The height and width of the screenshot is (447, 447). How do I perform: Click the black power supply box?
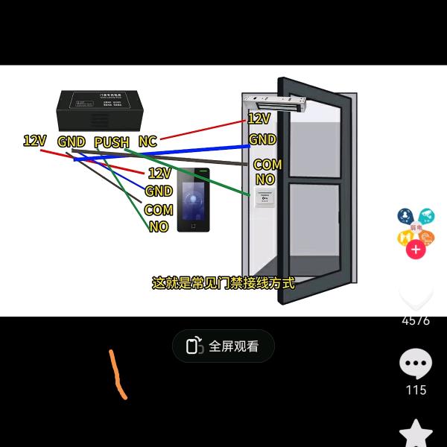point(100,110)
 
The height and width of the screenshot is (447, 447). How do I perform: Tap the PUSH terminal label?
point(112,142)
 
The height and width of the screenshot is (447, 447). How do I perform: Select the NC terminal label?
point(148,142)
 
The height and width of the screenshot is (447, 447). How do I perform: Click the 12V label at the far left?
point(35,140)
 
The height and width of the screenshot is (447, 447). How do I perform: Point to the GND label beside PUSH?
point(72,142)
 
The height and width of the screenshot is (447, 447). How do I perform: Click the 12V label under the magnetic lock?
point(259,118)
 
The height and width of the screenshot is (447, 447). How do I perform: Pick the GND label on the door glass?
point(262,139)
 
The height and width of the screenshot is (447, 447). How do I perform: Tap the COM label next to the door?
point(267,165)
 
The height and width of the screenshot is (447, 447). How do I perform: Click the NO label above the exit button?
point(265,180)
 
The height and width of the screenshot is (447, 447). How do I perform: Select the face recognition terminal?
point(194,200)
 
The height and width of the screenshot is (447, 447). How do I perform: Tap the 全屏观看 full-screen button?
point(223,346)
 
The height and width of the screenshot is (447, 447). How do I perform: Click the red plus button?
point(416,250)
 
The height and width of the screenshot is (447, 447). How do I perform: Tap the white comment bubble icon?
point(416,364)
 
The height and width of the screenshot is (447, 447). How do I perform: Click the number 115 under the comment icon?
point(416,390)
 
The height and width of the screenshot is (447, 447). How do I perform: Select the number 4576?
point(416,320)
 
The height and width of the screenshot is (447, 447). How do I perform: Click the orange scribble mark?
point(117,374)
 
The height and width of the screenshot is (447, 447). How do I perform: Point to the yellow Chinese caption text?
point(223,283)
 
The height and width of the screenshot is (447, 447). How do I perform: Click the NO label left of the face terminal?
point(159,226)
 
